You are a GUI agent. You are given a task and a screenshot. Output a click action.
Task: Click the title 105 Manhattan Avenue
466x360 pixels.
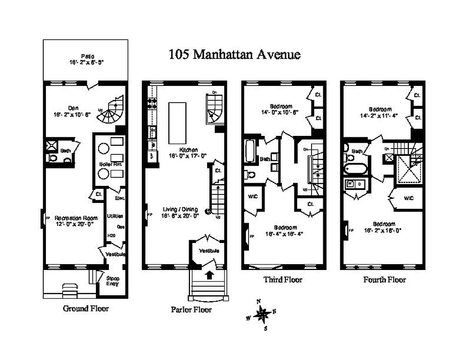tap(234, 55)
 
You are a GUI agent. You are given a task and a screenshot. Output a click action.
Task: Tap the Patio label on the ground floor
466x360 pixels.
tap(86, 57)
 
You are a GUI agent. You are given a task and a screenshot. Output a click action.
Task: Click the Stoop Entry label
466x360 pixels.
tap(113, 281)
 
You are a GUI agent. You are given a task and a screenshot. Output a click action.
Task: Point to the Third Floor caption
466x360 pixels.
tap(283, 279)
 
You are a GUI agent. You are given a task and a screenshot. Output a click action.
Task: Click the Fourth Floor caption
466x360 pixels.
tap(384, 279)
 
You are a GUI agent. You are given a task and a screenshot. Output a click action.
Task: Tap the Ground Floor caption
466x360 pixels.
tap(86, 309)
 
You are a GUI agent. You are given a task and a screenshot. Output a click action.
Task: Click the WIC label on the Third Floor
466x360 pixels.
tap(251, 196)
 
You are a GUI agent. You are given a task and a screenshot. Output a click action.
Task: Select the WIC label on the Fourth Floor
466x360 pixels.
tap(409, 198)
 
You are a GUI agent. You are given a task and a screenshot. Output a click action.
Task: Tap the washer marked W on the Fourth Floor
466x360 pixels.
tap(350, 184)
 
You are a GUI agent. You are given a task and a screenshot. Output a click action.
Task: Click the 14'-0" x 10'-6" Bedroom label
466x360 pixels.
tap(279, 108)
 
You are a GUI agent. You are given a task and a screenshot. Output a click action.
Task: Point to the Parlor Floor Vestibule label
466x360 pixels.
tap(209, 251)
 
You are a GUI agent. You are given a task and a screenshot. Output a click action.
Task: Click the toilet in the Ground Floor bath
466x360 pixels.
tap(53, 158)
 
